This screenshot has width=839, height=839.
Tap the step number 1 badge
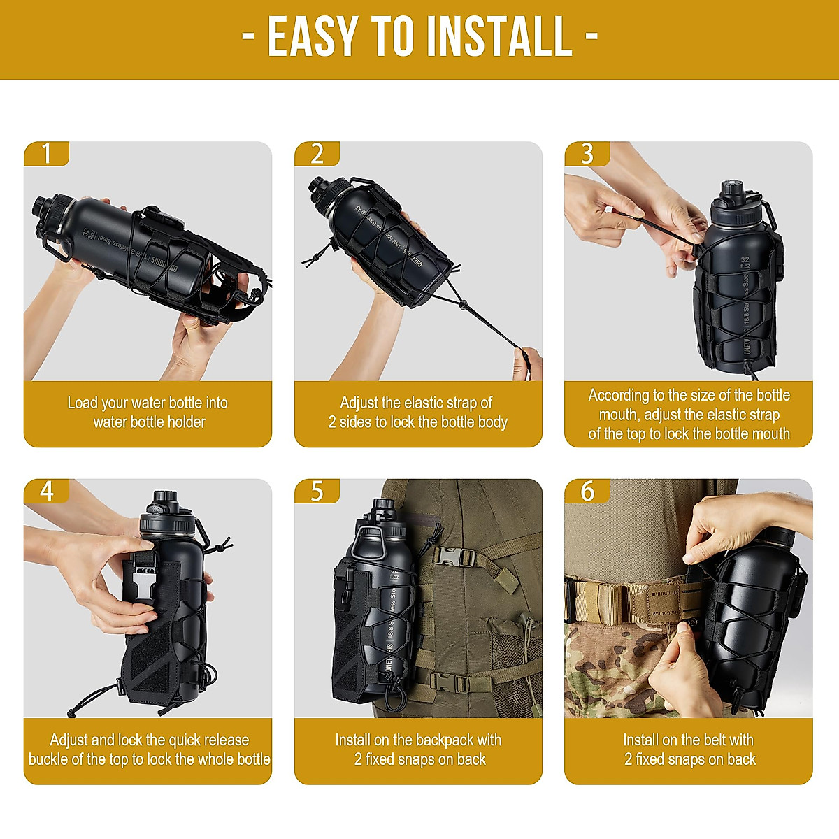(47, 153)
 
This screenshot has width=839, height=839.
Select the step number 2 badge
(317, 153)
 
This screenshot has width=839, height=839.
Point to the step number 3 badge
(587, 153)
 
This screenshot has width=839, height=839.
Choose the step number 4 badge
(47, 491)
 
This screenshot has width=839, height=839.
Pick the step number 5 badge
(317, 491)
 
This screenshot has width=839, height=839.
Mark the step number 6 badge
(587, 491)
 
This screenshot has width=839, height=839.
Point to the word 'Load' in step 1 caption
(83, 403)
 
